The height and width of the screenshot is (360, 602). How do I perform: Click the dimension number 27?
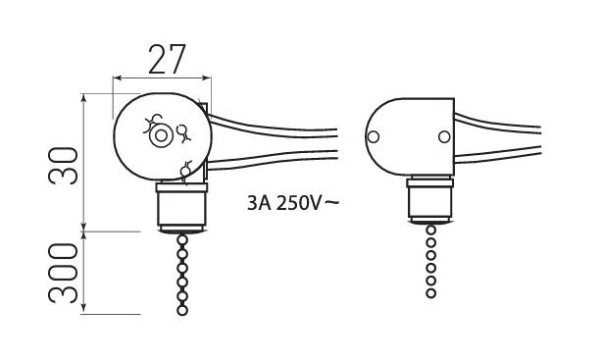point(167,59)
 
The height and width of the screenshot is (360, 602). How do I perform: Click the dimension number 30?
point(63,166)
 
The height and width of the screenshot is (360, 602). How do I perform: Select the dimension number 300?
point(63,273)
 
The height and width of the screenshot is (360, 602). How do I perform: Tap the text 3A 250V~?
point(293,203)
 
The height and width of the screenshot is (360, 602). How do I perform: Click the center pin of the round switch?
point(161,136)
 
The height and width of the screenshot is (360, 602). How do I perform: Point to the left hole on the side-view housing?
point(374,136)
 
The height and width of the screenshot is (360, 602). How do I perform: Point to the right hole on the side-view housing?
point(444,136)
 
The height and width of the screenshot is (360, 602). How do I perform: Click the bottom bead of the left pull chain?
point(182,310)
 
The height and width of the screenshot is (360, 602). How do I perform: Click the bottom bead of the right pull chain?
point(430,293)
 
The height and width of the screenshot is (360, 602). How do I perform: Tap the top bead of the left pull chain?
point(182,240)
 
